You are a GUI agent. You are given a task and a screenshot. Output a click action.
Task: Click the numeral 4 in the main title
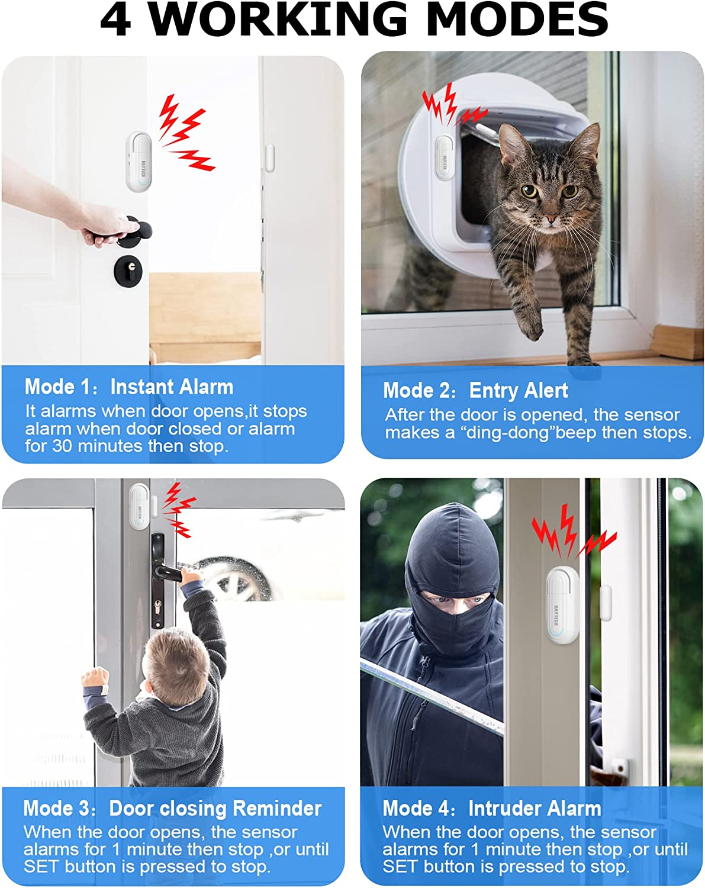click(116, 20)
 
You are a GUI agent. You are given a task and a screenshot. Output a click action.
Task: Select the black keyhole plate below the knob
click(128, 272)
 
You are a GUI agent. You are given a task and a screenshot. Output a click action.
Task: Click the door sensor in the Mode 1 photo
click(139, 161)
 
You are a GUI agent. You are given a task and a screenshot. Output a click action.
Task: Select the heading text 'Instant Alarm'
click(172, 387)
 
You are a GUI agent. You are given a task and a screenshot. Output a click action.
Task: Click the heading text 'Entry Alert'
click(518, 391)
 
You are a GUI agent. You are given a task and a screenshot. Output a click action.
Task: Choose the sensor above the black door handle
click(139, 506)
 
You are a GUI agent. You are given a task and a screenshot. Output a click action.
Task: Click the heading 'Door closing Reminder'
click(215, 809)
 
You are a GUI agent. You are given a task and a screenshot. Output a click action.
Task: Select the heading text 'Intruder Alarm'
click(535, 809)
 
